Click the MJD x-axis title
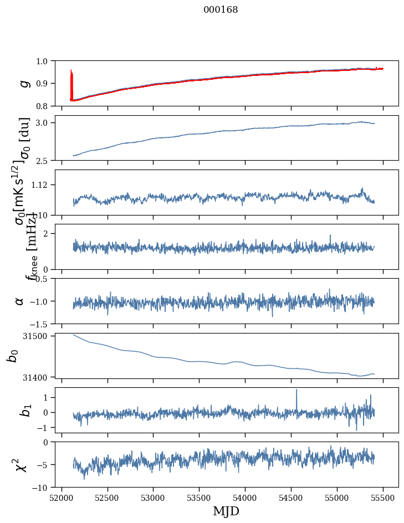tap(226, 511)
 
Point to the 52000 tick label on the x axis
tap(62, 497)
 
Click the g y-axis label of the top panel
tap(24, 83)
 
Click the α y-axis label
tap(20, 301)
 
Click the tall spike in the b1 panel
tap(296, 391)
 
